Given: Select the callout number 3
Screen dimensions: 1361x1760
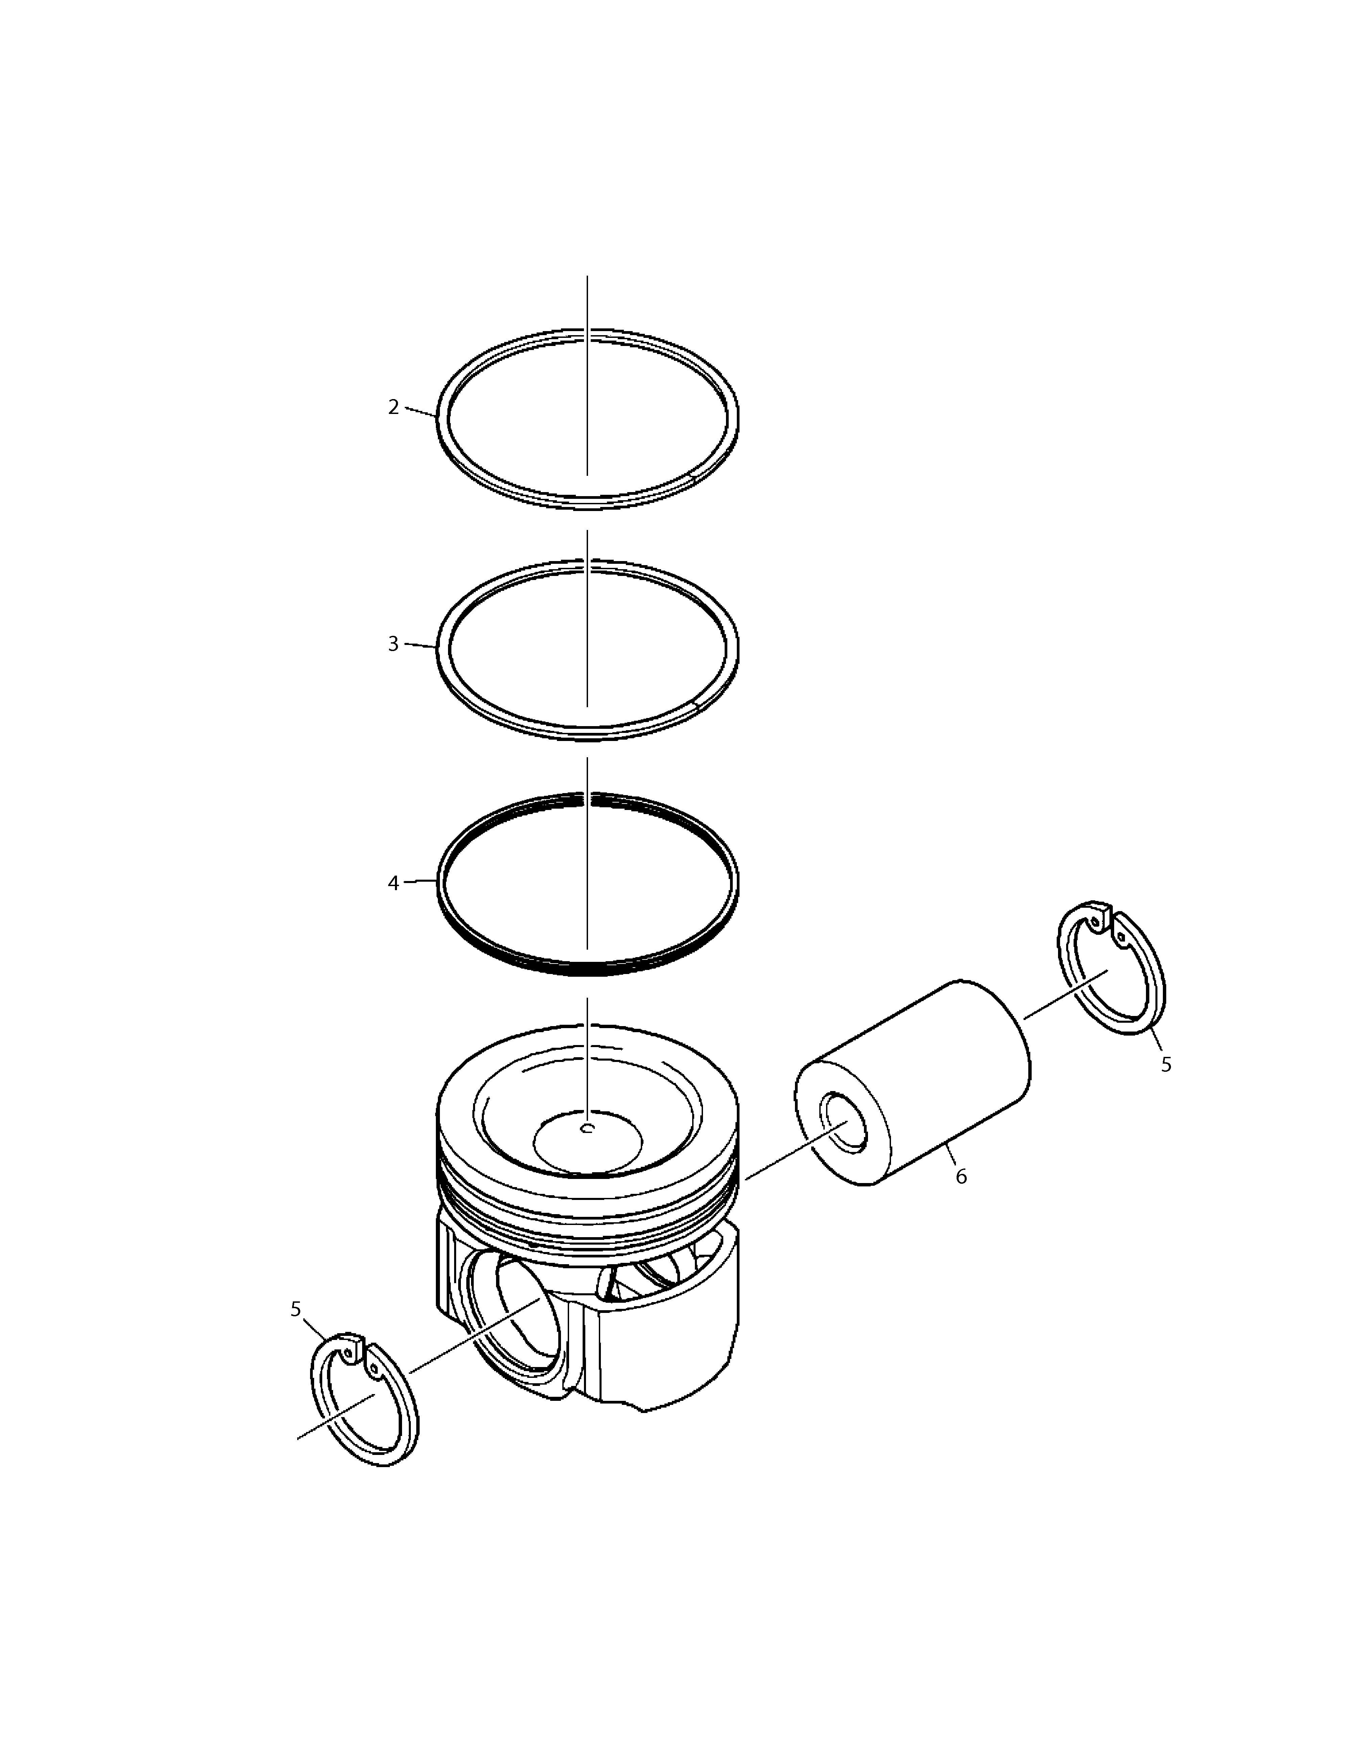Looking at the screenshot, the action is [393, 644].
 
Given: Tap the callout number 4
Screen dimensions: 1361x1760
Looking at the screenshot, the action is [393, 883].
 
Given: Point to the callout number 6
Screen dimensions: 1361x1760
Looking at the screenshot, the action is [961, 1177].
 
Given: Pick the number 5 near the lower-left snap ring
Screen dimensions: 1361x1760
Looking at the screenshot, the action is [296, 1310].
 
